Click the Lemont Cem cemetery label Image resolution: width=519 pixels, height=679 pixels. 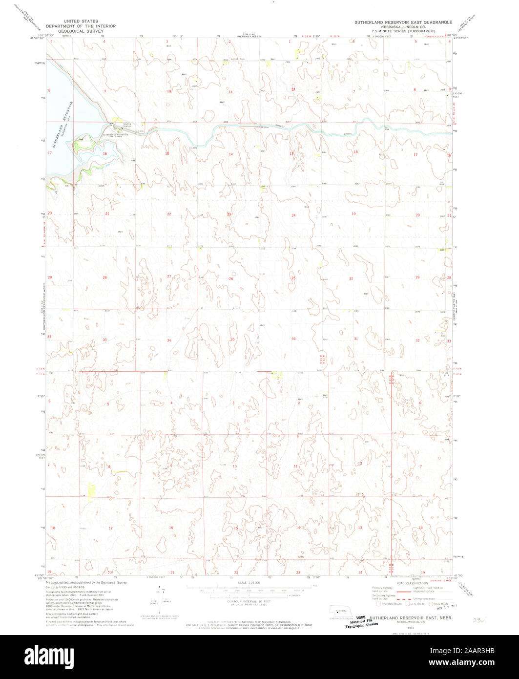[237, 60]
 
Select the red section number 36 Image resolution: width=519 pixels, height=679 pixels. [293, 339]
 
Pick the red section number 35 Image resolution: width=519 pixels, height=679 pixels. [232, 339]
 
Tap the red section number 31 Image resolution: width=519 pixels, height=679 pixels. [356, 339]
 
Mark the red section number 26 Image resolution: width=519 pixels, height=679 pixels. [231, 279]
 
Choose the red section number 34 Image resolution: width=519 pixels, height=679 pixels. [169, 340]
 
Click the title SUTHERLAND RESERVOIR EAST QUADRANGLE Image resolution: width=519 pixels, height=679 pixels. [403, 22]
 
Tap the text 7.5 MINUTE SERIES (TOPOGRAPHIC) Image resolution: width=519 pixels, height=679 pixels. [403, 31]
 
